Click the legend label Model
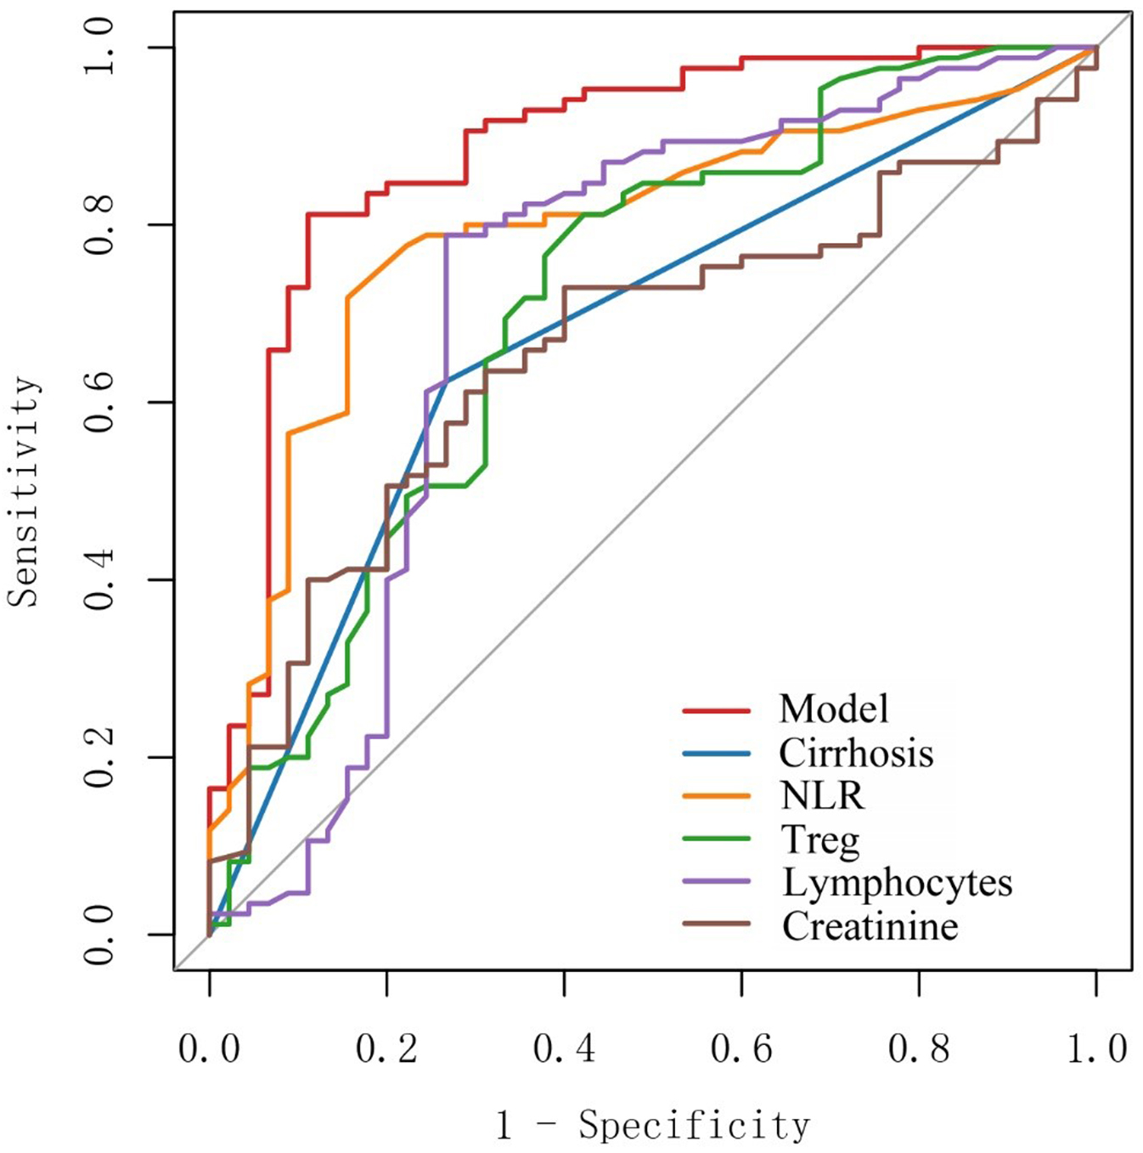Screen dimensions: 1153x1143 [834, 709]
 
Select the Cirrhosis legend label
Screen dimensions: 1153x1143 [856, 753]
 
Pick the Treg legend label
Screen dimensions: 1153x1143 [820, 840]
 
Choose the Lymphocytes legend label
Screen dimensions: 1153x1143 [897, 883]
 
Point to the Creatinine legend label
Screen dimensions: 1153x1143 [870, 926]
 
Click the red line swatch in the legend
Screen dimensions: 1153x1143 [716, 709]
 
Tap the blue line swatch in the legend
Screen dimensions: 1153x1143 [716, 753]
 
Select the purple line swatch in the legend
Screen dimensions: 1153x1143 [716, 882]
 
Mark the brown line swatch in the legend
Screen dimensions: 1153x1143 [716, 924]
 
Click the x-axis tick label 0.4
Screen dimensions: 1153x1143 [564, 1049]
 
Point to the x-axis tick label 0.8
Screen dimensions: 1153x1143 [919, 1049]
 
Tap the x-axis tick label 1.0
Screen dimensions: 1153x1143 [1096, 1049]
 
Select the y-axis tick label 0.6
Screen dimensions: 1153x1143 [100, 402]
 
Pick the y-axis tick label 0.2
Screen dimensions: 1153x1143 [100, 757]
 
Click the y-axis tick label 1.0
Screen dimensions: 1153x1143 [100, 48]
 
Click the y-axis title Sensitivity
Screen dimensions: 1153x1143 [24, 491]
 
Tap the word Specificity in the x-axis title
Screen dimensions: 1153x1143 [695, 1126]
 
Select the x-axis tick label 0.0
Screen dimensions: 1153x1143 [209, 1049]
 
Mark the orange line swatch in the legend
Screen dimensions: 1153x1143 [716, 796]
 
